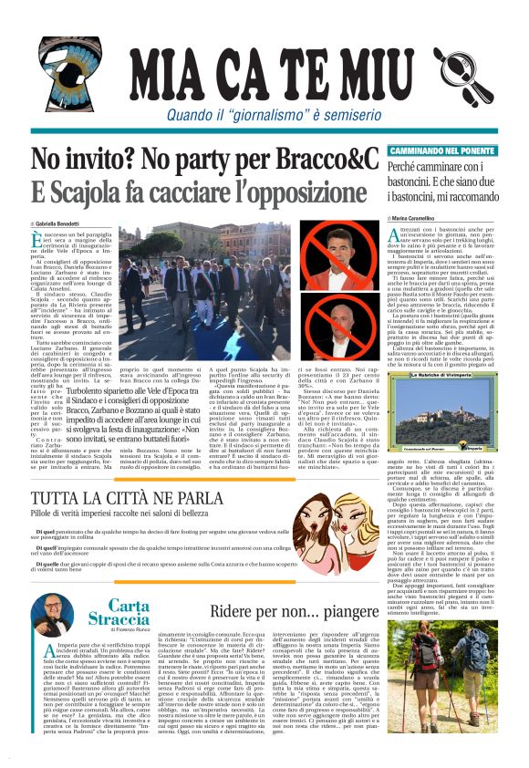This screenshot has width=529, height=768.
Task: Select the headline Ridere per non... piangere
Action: tap(291, 609)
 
